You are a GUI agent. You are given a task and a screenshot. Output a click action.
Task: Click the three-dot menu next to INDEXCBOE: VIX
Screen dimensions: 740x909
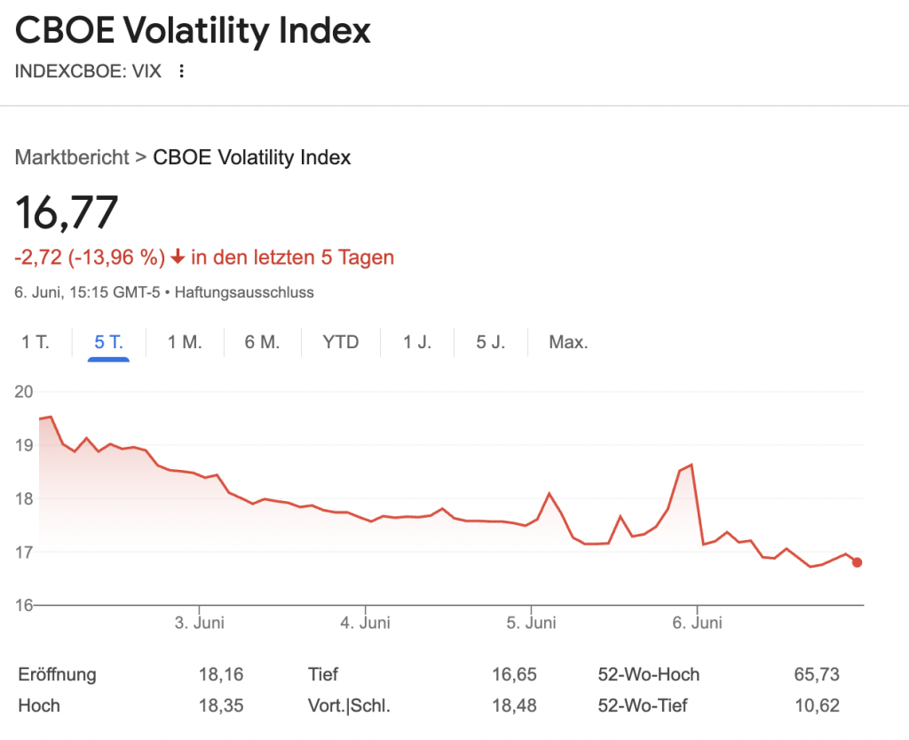coord(182,71)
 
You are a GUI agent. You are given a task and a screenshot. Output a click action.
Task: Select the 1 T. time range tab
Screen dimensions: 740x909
coord(36,342)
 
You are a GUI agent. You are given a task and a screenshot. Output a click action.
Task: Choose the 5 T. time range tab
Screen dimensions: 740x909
coord(108,342)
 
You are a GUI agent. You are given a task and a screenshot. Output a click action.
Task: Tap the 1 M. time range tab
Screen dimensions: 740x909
coord(185,342)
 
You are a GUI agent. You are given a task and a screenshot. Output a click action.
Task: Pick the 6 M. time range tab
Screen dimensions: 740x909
coord(262,342)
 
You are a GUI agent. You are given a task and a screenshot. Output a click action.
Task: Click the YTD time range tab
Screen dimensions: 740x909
coord(341,342)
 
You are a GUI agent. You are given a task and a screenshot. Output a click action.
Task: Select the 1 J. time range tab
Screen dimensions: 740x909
coord(417,342)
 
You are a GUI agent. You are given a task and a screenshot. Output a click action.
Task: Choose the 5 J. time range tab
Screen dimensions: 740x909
coord(490,342)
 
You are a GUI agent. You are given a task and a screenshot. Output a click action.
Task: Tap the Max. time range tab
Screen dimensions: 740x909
coord(568,342)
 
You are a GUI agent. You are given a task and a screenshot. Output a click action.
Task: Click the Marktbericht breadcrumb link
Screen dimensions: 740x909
coord(72,158)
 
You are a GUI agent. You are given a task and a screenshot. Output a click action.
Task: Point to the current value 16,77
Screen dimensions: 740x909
coord(67,212)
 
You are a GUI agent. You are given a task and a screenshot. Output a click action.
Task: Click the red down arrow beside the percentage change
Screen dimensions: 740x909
coord(178,258)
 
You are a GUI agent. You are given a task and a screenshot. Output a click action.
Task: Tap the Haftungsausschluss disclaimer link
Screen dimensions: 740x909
coord(245,291)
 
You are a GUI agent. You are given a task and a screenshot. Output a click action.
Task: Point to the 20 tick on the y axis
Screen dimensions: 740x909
coord(24,392)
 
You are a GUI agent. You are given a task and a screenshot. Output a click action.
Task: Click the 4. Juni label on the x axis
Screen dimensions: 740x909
coord(365,623)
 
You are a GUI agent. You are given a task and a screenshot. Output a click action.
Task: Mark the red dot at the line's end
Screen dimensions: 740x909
coord(857,562)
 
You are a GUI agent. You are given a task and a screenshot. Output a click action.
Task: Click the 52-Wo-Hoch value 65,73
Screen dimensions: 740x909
coord(817,675)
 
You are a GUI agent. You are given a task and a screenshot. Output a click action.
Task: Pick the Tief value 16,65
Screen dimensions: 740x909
coord(514,675)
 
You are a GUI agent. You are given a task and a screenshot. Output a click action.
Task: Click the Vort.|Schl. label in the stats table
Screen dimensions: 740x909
coord(349,706)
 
